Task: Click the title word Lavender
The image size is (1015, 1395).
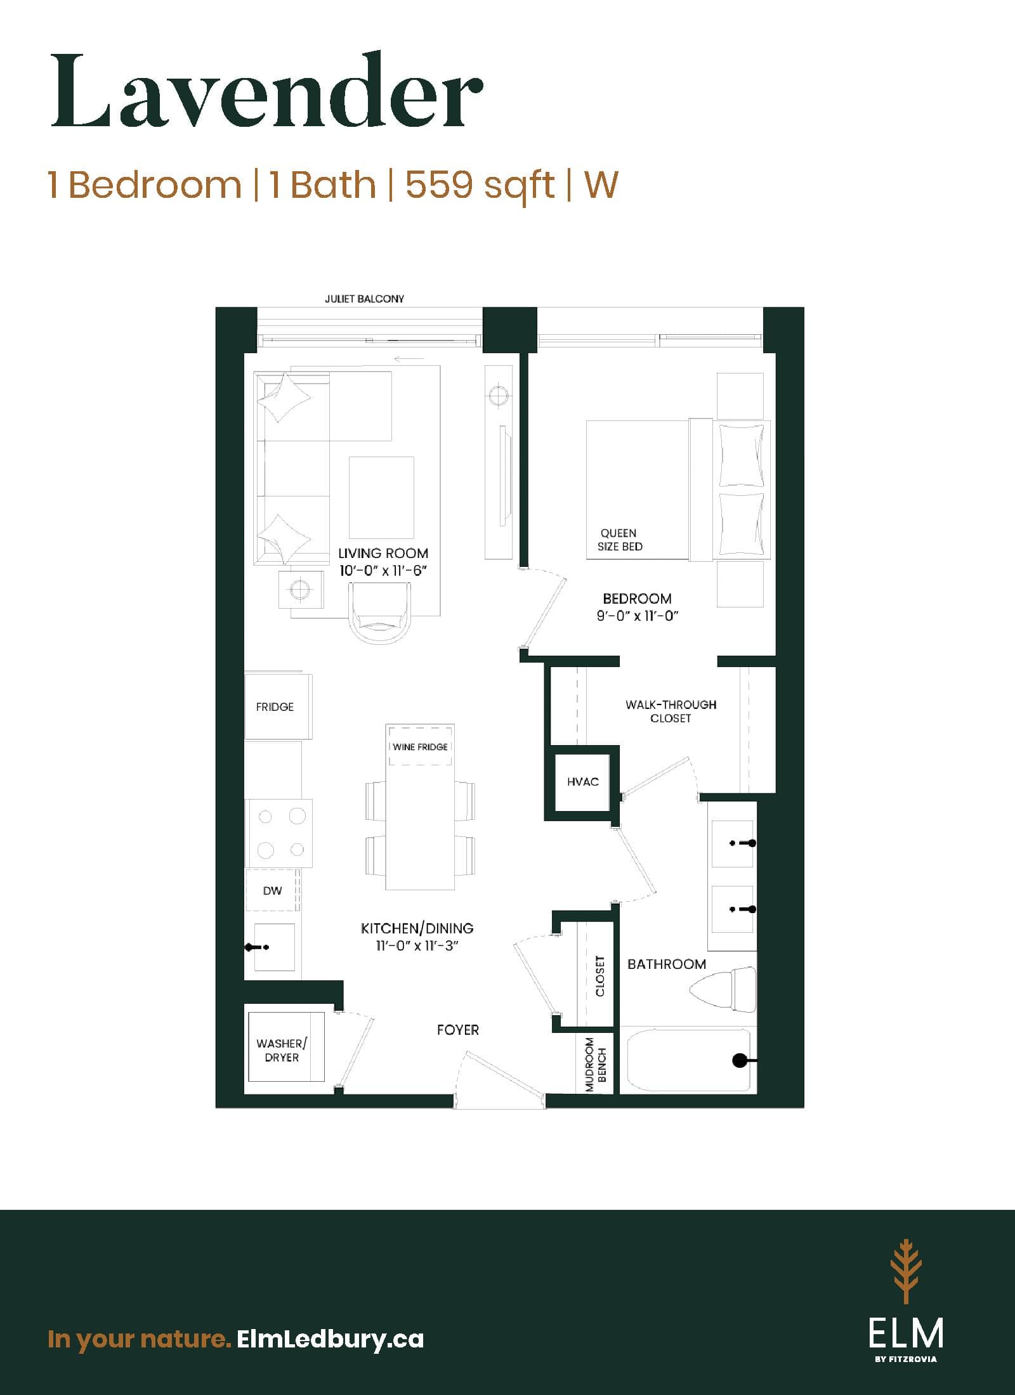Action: (266, 92)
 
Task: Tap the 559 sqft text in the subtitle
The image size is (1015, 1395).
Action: (480, 185)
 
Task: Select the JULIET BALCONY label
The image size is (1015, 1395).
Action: (364, 299)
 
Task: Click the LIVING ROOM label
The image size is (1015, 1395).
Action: (383, 553)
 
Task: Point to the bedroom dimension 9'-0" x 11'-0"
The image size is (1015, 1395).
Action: (638, 615)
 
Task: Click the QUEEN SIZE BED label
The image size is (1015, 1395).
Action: (620, 540)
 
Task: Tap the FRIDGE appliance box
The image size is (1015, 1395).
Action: (278, 706)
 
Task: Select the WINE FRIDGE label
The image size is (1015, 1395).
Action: (420, 746)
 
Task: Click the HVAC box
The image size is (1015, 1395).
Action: (582, 782)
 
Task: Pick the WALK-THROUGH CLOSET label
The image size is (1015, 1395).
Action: (671, 711)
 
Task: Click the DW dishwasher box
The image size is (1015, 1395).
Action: (272, 890)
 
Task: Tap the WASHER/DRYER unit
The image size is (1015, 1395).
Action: (285, 1050)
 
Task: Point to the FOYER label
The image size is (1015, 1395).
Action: (457, 1030)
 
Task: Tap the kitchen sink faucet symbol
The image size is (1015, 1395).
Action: (257, 947)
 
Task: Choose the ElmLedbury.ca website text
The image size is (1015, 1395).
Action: (329, 1321)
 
